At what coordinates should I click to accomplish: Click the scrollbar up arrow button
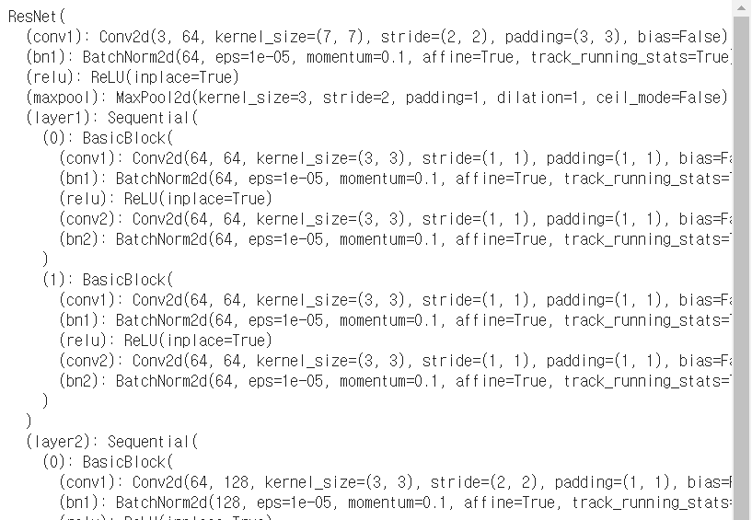coord(742,8)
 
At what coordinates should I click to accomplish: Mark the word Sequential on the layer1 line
coord(153,118)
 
